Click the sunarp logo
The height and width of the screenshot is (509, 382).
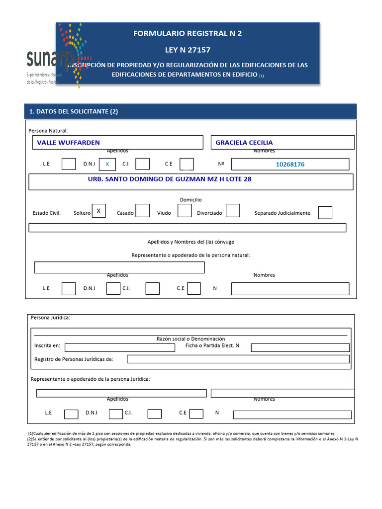(x=50, y=62)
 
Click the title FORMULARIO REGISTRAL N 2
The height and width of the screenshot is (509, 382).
(x=188, y=33)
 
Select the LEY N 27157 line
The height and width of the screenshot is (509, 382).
(x=188, y=50)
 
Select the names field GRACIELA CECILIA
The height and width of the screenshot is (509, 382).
(x=283, y=143)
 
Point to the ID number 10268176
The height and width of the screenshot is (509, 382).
(x=290, y=164)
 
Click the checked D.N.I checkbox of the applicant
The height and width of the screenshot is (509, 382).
(x=107, y=164)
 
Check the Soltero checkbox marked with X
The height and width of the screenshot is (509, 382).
(x=98, y=211)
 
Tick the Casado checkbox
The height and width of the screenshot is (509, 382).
(x=143, y=211)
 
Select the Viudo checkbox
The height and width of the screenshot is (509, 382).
(x=185, y=211)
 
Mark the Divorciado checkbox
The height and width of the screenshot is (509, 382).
(x=232, y=211)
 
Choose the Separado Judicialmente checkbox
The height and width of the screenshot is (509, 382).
(x=325, y=213)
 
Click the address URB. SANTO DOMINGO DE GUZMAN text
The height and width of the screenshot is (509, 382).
(x=170, y=179)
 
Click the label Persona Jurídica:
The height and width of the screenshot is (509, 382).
(x=51, y=317)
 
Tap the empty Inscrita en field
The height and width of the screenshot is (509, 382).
(x=119, y=347)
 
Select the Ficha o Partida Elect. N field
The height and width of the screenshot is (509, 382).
(x=300, y=347)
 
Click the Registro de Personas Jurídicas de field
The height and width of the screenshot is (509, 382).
(x=238, y=359)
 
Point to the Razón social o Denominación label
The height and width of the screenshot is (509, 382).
(x=191, y=339)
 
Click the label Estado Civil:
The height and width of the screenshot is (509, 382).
(x=46, y=213)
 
